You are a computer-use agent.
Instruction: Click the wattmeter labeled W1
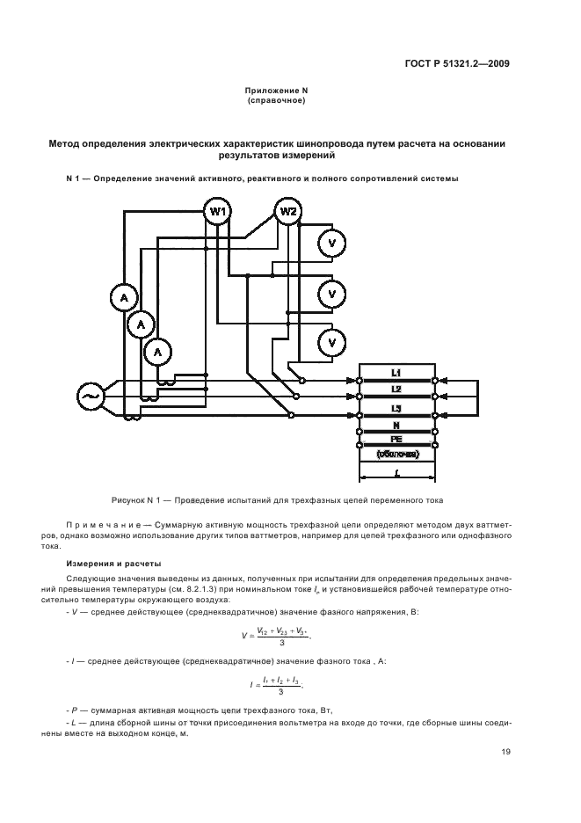tap(218, 212)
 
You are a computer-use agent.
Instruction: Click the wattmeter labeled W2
tap(288, 212)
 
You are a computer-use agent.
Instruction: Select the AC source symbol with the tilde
tap(91, 397)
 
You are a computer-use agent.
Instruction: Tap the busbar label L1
tap(396, 373)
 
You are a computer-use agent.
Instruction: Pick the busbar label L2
tap(396, 389)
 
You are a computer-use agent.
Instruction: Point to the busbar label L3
tap(396, 409)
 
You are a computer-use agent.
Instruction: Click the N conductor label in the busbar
tap(396, 424)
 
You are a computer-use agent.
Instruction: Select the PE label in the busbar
tap(396, 439)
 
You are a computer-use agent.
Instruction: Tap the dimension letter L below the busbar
tap(397, 473)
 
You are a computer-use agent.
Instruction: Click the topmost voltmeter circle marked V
tap(331, 244)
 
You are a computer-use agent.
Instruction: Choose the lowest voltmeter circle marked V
tap(331, 341)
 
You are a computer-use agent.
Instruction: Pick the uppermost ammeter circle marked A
tap(125, 298)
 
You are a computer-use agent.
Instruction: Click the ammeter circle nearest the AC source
tap(158, 352)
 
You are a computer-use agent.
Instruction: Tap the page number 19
tap(505, 752)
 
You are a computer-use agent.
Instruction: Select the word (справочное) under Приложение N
tap(277, 101)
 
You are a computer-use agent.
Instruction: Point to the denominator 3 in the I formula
tap(280, 692)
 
